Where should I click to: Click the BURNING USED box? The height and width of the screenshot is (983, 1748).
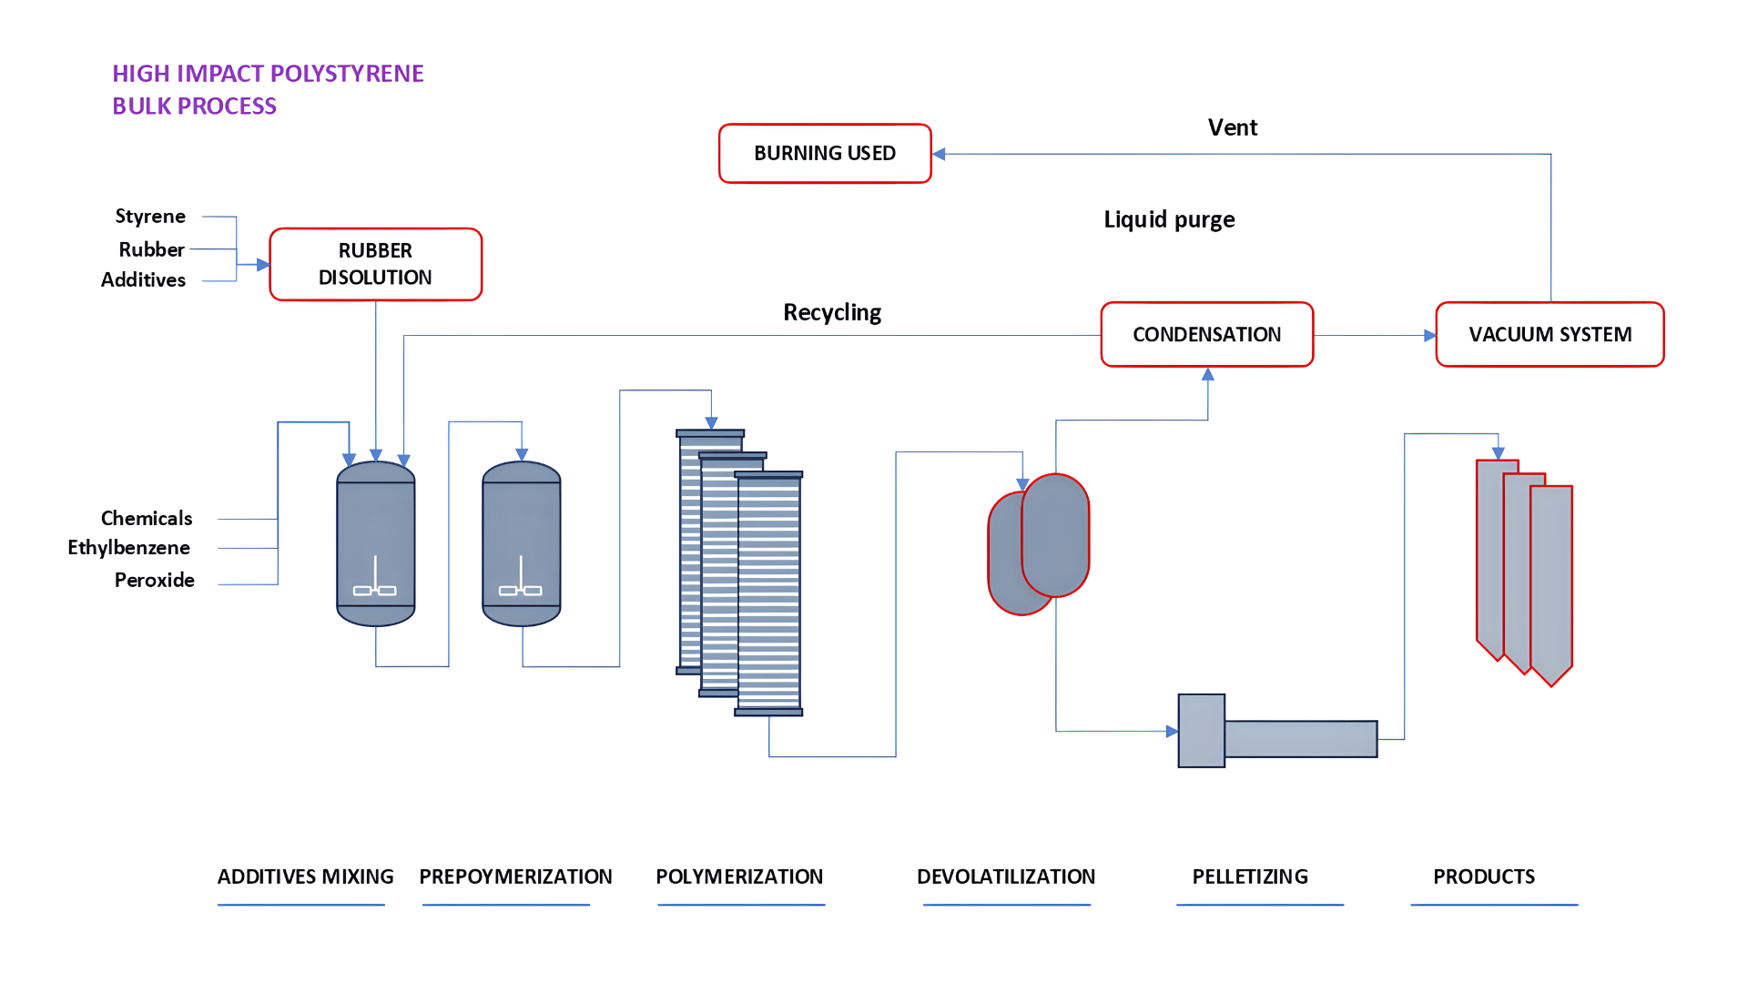pyautogui.click(x=825, y=154)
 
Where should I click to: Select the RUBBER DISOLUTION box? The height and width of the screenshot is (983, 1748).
pyautogui.click(x=376, y=264)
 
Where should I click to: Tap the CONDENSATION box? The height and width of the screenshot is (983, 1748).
pyautogui.click(x=1207, y=335)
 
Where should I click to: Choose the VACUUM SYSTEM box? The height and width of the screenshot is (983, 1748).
pyautogui.click(x=1550, y=335)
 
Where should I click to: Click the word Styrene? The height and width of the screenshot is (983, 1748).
pyautogui.click(x=150, y=217)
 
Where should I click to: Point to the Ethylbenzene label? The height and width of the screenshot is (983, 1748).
pyautogui.click(x=128, y=548)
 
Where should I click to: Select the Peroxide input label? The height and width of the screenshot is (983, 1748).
pyautogui.click(x=155, y=580)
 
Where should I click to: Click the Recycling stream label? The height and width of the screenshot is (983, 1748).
pyautogui.click(x=832, y=313)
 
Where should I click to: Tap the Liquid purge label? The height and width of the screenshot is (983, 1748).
pyautogui.click(x=1169, y=220)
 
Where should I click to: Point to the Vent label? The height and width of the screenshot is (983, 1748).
pyautogui.click(x=1233, y=127)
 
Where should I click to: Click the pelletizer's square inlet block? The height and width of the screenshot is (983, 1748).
pyautogui.click(x=1202, y=731)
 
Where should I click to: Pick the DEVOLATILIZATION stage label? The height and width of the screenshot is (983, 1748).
pyautogui.click(x=1006, y=877)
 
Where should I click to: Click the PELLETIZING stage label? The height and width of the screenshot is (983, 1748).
pyautogui.click(x=1250, y=877)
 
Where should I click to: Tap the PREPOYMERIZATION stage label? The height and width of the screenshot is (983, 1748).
pyautogui.click(x=515, y=877)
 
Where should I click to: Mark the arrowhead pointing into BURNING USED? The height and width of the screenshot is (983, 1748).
pyautogui.click(x=940, y=154)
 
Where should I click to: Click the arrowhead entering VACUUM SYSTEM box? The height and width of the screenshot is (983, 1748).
pyautogui.click(x=1429, y=336)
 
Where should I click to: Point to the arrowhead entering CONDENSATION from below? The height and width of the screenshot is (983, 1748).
pyautogui.click(x=1208, y=374)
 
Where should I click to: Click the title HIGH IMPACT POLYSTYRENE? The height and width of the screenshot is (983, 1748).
pyautogui.click(x=268, y=74)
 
